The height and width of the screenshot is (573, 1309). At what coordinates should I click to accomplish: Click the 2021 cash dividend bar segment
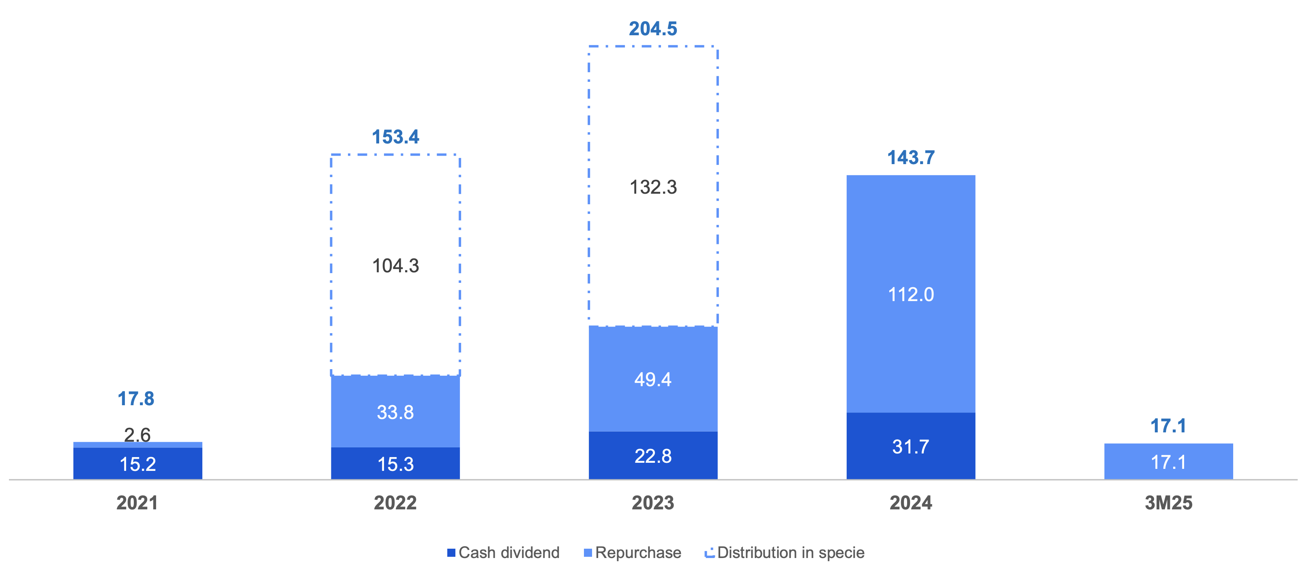point(138,463)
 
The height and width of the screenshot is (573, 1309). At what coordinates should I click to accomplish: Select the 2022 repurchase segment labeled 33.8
point(395,411)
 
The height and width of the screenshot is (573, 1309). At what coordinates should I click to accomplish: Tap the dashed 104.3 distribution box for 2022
point(395,265)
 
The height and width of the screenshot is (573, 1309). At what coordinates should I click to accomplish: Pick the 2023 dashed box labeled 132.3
point(653,187)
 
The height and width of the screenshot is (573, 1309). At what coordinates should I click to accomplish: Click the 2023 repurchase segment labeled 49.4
point(653,379)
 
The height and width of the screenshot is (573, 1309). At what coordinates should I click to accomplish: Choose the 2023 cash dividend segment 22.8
point(653,455)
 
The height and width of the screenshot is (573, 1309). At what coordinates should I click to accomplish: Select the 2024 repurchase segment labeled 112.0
point(911,294)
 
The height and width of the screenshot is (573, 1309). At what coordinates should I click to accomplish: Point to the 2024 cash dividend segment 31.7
point(911,447)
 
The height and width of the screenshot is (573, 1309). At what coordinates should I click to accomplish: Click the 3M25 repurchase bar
point(1168,462)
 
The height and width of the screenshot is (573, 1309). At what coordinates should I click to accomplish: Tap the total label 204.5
point(653,29)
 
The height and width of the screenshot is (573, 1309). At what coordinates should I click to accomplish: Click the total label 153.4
point(395,137)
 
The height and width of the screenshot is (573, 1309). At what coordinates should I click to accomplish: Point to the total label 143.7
point(911,158)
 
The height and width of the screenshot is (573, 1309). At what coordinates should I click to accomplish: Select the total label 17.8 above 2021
point(136,399)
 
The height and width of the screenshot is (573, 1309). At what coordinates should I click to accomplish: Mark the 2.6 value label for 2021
point(137,434)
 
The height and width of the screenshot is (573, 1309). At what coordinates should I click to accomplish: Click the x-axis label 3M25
point(1168,503)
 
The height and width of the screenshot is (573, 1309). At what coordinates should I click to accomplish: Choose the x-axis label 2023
point(653,503)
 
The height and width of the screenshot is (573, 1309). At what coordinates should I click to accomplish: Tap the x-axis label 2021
point(137,503)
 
